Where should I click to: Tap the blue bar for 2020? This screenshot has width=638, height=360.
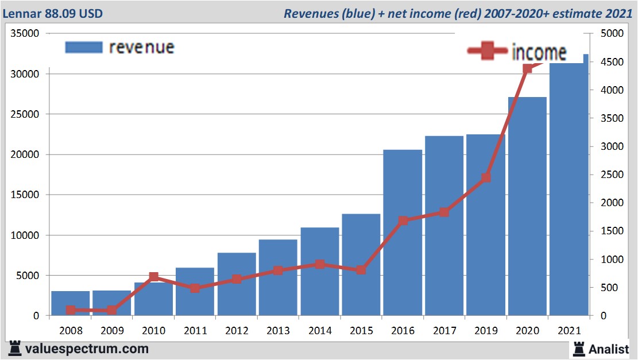pyautogui.click(x=527, y=207)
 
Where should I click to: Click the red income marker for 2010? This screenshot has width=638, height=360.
pyautogui.click(x=154, y=277)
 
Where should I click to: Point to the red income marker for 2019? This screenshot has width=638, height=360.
pyautogui.click(x=486, y=177)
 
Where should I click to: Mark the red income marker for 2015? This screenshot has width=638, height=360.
pyautogui.click(x=361, y=269)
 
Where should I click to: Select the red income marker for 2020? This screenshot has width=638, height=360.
pyautogui.click(x=527, y=68)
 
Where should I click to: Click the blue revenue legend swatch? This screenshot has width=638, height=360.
pyautogui.click(x=83, y=47)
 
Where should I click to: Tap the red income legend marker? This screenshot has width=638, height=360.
pyautogui.click(x=488, y=52)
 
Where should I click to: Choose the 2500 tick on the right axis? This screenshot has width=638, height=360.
pyautogui.click(x=610, y=175)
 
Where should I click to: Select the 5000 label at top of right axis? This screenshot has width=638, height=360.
pyautogui.click(x=610, y=33)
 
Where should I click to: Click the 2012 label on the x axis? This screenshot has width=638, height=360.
pyautogui.click(x=237, y=331)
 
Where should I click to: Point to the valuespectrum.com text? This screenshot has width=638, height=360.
pyautogui.click(x=86, y=349)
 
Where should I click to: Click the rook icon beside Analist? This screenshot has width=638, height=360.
pyautogui.click(x=578, y=348)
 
